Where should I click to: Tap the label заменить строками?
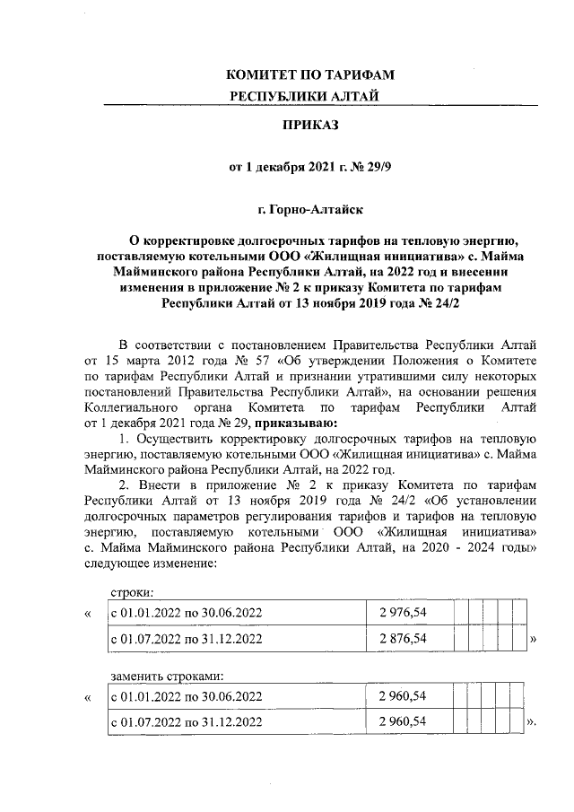(x=166, y=676)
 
